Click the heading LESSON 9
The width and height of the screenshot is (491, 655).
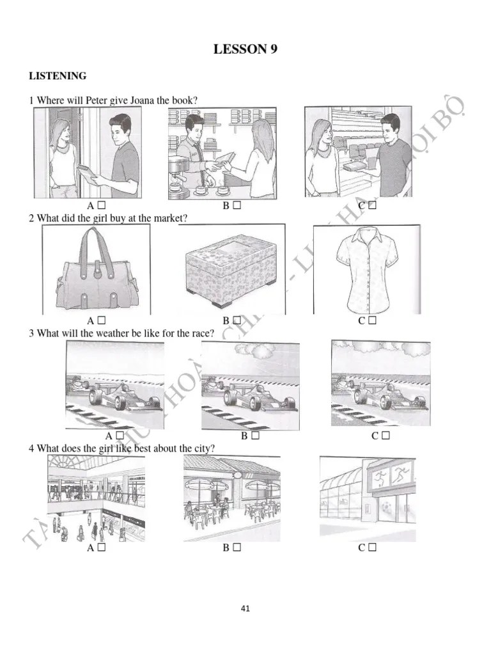tap(245, 50)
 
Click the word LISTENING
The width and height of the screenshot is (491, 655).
tap(58, 76)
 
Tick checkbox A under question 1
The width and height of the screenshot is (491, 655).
tap(101, 206)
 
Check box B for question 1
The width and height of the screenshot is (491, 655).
tap(236, 206)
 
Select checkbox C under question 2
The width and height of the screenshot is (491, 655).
tap(372, 320)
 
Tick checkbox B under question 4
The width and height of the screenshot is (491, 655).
tap(236, 548)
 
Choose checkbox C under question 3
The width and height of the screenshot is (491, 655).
tap(386, 436)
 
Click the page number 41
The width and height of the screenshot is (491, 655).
tap(245, 608)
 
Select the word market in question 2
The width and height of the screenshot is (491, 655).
tap(168, 218)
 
